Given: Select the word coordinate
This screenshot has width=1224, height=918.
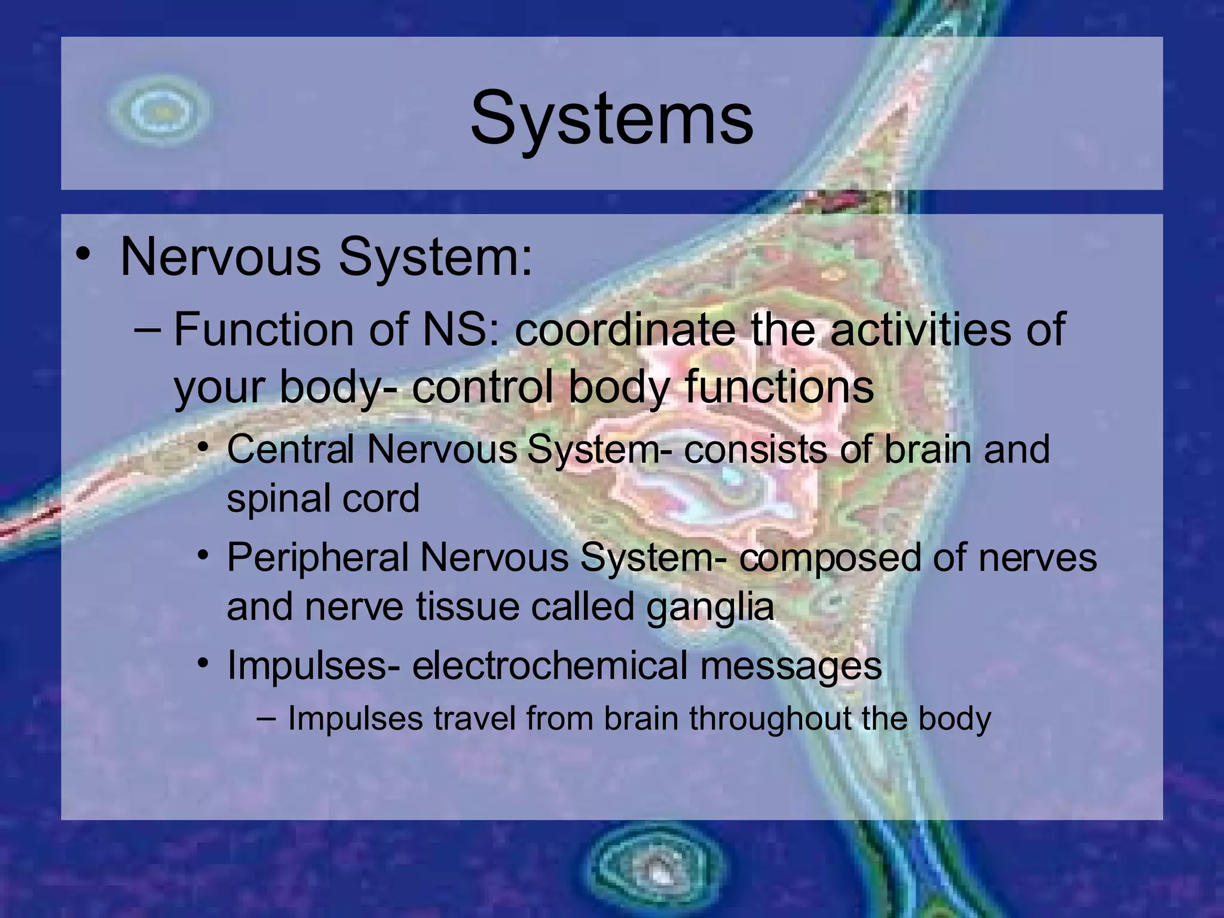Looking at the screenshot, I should click(x=625, y=330).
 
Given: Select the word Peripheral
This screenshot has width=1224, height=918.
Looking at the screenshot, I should click(x=317, y=558).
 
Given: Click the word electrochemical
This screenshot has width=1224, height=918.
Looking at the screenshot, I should click(x=550, y=666).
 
